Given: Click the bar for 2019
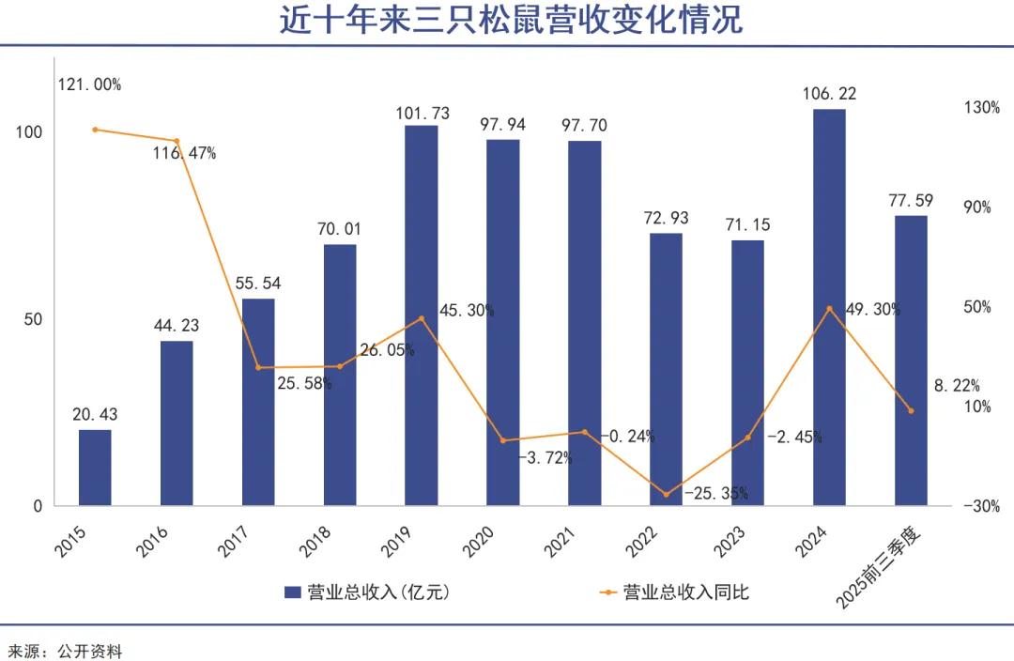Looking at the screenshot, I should tap(421, 315).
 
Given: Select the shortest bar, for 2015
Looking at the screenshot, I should tap(95, 468).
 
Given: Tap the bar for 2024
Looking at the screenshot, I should tap(829, 307).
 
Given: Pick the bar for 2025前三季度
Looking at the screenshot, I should tap(911, 361).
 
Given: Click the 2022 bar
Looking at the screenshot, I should tap(666, 369).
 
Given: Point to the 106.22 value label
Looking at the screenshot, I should tap(829, 94).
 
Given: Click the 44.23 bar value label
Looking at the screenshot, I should tap(177, 326).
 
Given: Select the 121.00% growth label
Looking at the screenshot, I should tap(89, 85).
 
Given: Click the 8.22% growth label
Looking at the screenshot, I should tap(957, 385).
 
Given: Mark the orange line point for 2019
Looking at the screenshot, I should tap(422, 318).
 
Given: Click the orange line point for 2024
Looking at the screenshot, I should tap(829, 308).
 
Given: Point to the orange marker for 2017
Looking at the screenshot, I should tap(259, 367).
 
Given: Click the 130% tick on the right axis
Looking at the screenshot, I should tap(982, 108).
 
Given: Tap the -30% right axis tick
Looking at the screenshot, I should tap(982, 506).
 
